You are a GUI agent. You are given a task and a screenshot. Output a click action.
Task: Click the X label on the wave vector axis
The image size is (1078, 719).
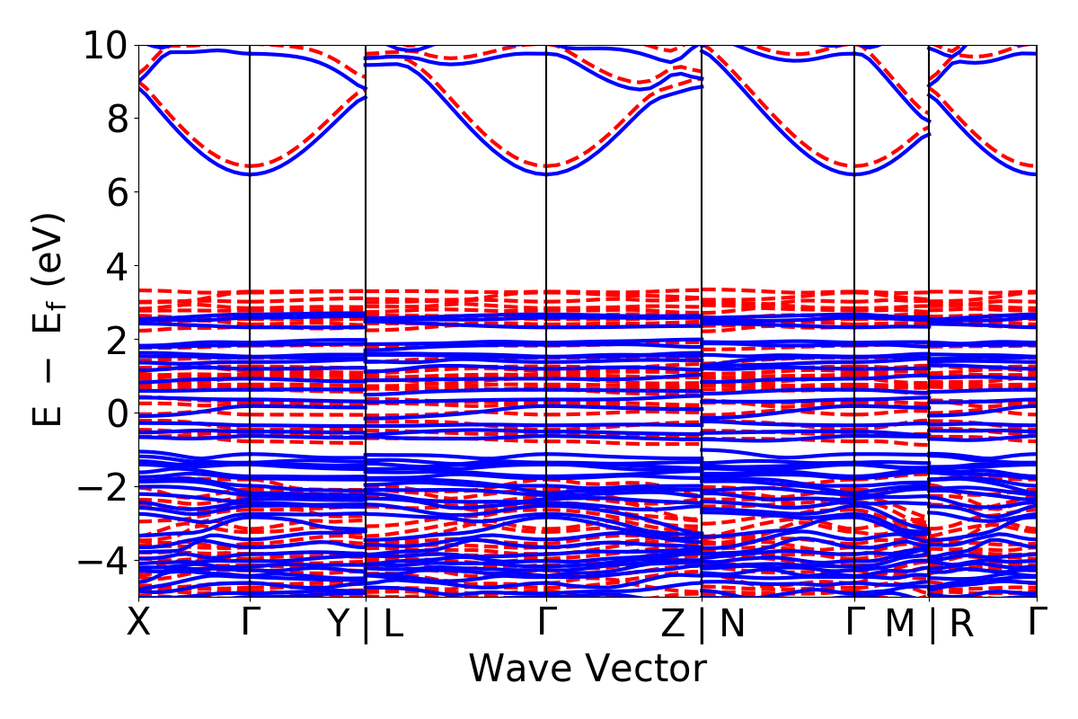[138, 623]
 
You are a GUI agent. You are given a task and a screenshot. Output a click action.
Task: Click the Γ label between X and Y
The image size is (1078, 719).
[250, 623]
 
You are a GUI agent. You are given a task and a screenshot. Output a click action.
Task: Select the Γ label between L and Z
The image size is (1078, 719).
[547, 623]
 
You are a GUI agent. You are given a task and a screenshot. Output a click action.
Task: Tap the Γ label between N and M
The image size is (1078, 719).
[855, 623]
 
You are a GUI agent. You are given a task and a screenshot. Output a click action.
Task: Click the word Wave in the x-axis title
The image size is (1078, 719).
[524, 669]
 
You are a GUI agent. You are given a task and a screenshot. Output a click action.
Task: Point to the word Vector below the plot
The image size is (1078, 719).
[646, 669]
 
